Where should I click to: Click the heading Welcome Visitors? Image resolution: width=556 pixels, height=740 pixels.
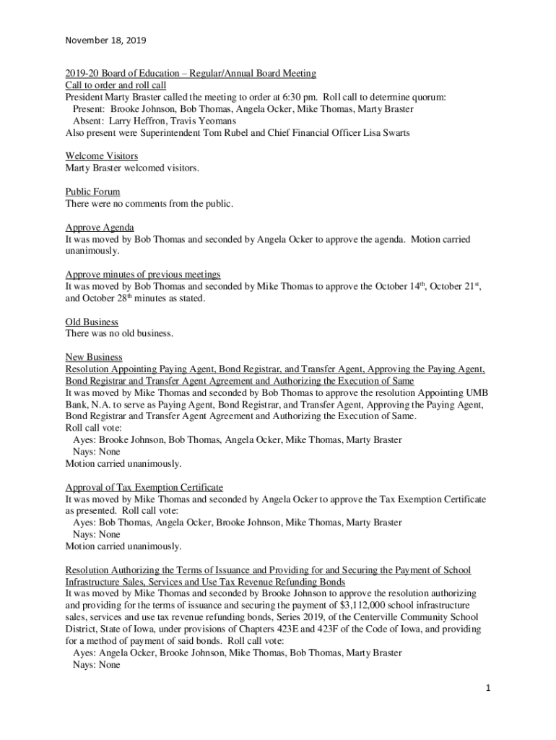[102, 156]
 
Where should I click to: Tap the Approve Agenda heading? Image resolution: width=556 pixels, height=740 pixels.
[100, 227]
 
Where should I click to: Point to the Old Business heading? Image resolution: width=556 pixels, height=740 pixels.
[92, 322]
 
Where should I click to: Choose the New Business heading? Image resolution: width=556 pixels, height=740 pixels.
[94, 357]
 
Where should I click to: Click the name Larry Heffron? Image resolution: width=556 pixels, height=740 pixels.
[135, 121]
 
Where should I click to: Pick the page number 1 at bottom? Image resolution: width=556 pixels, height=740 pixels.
[487, 688]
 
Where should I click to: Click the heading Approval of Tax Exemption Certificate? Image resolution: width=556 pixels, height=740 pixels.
[144, 487]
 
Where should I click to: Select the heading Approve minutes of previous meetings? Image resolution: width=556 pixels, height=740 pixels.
[143, 275]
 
